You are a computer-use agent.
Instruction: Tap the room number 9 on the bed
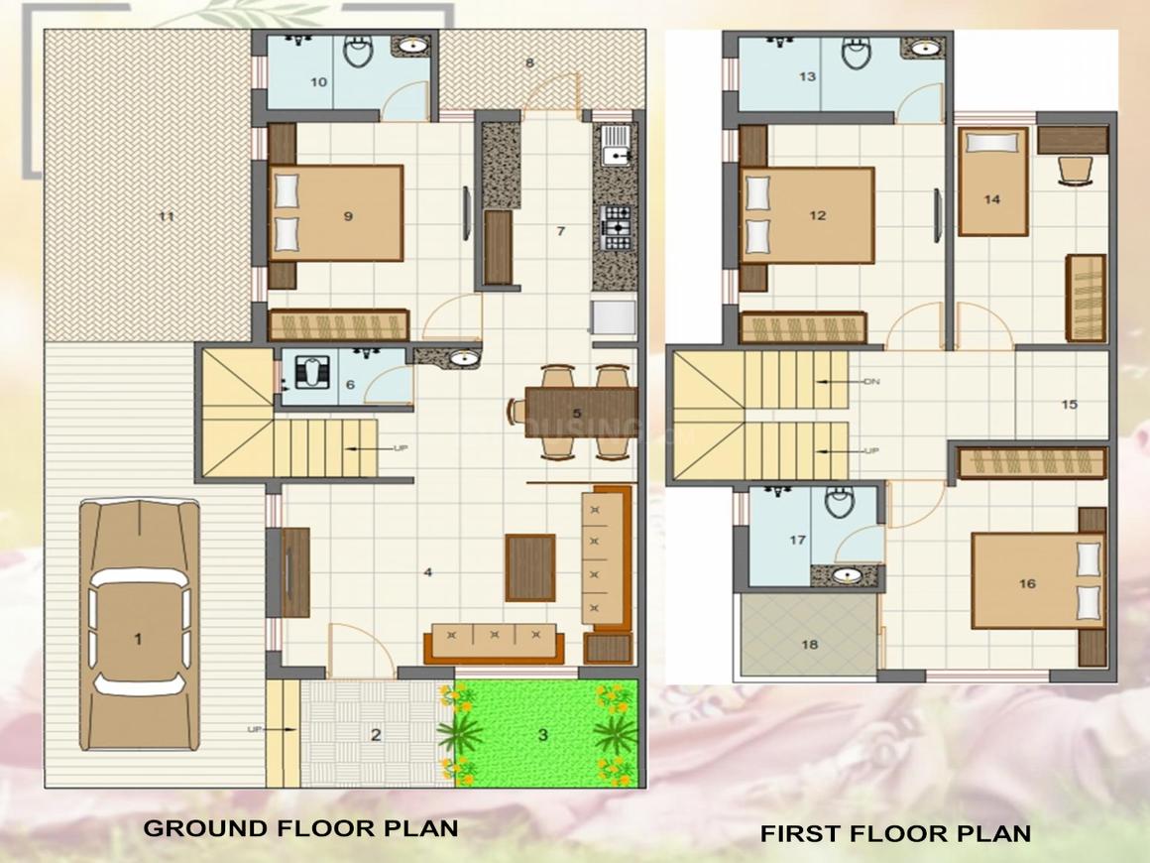[348, 216]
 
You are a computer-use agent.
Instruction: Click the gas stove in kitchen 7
[616, 229]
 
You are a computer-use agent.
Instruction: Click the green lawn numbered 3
[543, 734]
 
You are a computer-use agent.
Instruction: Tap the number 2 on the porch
[376, 735]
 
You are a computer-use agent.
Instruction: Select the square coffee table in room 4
[529, 567]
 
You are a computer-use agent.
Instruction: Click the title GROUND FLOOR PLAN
[300, 827]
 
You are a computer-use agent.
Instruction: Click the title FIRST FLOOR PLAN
[895, 833]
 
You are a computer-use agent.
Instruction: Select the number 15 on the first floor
[1069, 404]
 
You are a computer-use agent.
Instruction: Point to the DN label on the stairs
[871, 382]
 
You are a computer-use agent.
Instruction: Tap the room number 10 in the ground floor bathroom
[318, 82]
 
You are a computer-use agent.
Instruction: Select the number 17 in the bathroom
[797, 541]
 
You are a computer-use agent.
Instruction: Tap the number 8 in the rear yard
[529, 63]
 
